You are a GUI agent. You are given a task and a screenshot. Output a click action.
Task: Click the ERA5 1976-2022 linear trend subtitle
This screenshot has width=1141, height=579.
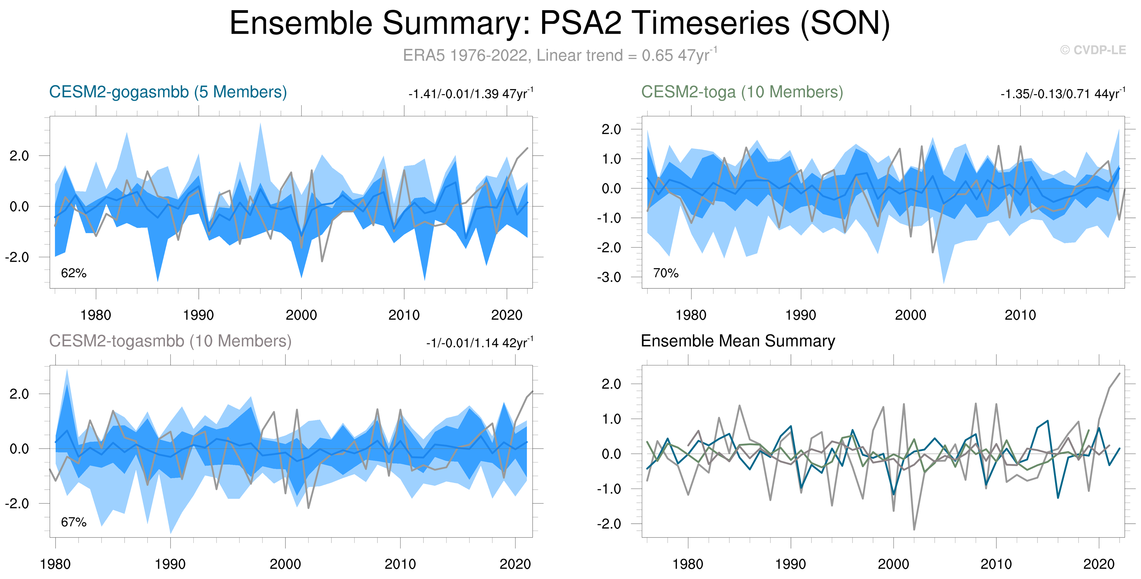(559, 55)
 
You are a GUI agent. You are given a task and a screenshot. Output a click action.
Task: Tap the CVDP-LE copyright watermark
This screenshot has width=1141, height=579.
(1093, 50)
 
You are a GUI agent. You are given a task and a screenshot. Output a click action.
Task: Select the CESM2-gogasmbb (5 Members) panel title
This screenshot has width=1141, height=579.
(168, 92)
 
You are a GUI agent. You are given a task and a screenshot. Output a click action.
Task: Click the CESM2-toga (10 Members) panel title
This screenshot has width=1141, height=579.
(742, 92)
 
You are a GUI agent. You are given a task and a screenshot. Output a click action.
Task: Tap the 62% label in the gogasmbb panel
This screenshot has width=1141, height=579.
(73, 273)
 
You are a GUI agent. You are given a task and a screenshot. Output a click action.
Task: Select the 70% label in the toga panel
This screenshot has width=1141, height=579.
(666, 273)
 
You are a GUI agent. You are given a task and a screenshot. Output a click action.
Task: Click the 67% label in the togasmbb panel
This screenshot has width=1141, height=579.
(73, 522)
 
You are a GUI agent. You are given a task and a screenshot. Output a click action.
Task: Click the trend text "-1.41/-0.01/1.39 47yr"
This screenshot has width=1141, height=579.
(470, 94)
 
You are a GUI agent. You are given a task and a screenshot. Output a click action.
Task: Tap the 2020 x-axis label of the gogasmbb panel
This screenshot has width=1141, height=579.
(507, 315)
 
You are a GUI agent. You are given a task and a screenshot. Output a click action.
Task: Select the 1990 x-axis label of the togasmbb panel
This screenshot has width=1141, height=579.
(170, 564)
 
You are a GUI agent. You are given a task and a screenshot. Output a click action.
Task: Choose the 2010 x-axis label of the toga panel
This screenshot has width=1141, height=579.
(1020, 315)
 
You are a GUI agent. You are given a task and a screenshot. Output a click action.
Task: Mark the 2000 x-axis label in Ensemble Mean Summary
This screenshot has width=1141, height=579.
(893, 564)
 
